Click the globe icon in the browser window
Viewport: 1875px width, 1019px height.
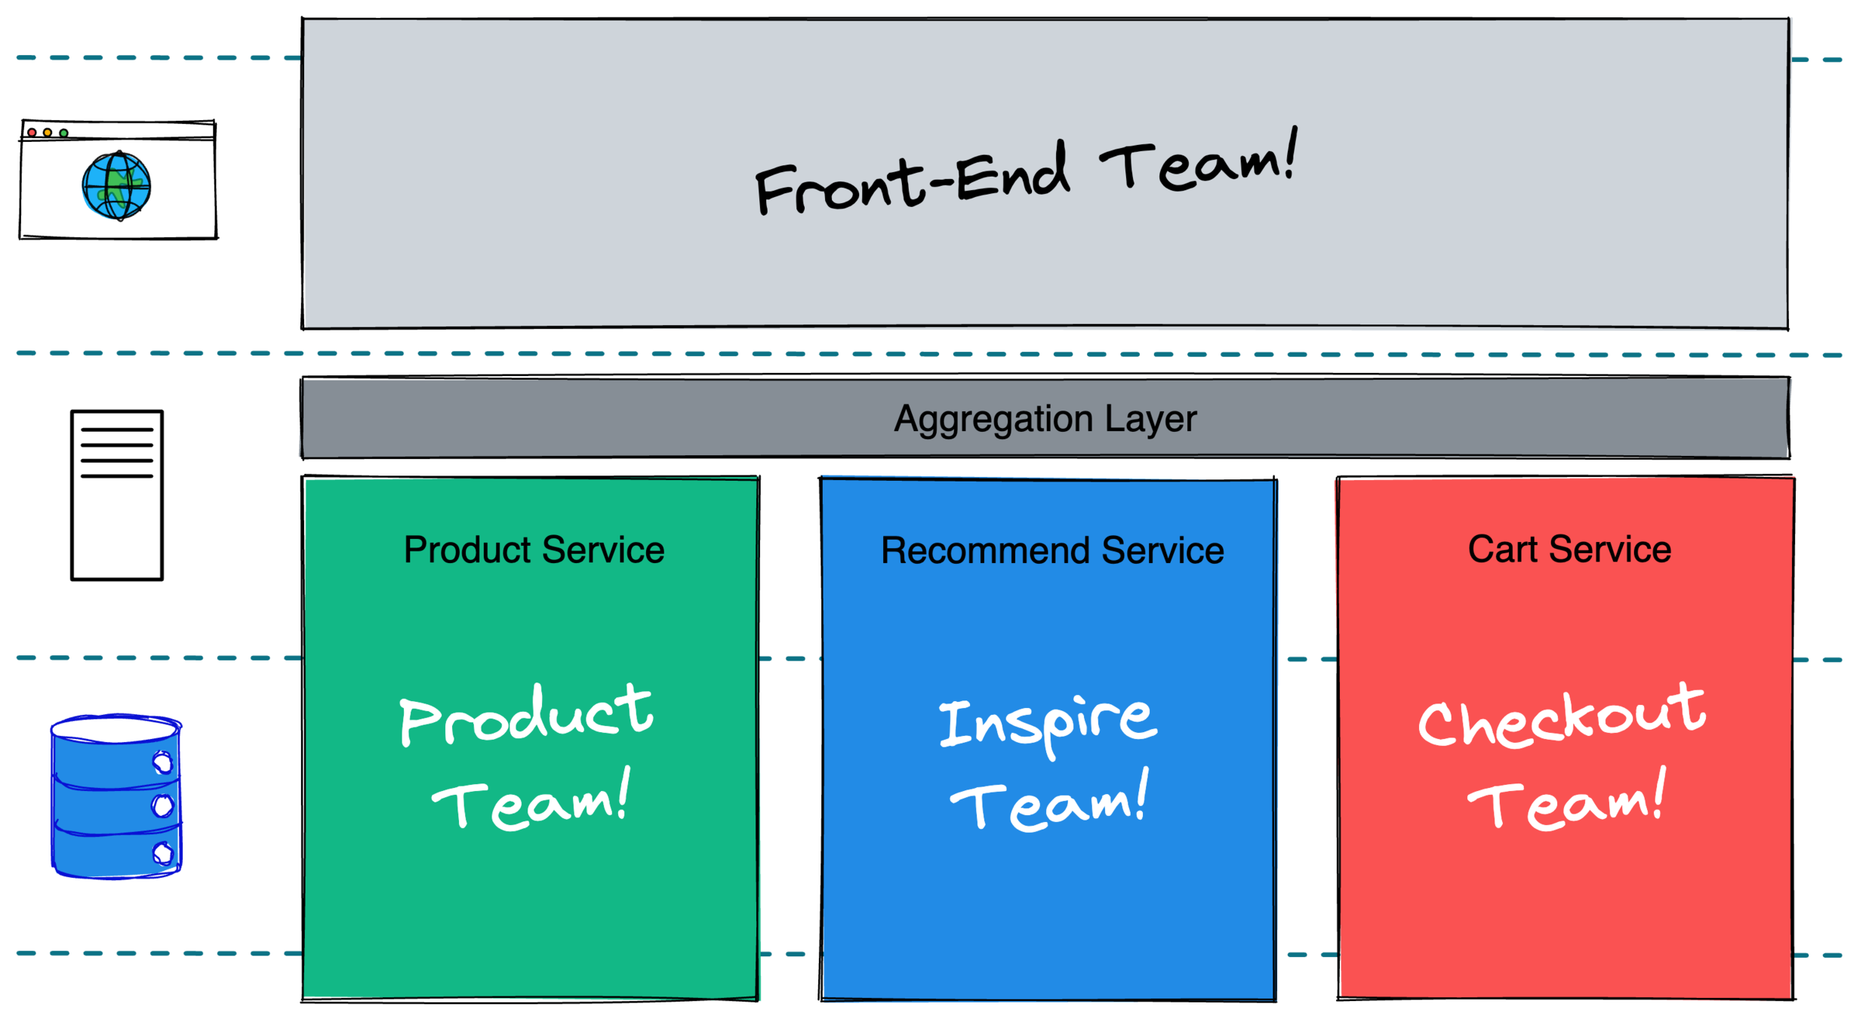(x=116, y=186)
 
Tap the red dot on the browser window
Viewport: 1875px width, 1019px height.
(x=32, y=133)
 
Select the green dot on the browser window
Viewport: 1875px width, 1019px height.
(x=64, y=134)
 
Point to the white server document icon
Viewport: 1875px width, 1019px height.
(x=117, y=494)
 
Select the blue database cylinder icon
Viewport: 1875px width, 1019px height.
(x=116, y=797)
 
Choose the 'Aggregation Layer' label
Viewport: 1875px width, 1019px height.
(x=1045, y=419)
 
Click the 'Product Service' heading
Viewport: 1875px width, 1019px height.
(x=534, y=550)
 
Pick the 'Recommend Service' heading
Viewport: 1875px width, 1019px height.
(x=1052, y=550)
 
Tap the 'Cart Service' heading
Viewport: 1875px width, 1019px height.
(x=1569, y=549)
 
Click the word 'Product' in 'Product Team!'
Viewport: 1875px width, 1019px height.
(x=526, y=716)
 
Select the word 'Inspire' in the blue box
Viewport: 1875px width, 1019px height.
(x=1048, y=723)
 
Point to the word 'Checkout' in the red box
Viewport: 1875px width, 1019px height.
(x=1562, y=717)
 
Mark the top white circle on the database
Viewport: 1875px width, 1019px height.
(x=162, y=763)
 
